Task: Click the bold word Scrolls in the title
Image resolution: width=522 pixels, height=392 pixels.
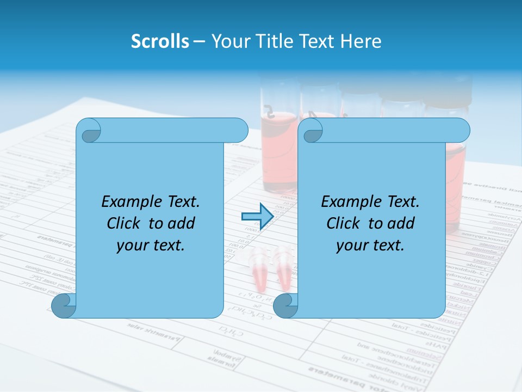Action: click(x=160, y=41)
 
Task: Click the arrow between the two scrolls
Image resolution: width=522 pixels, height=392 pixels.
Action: click(x=257, y=217)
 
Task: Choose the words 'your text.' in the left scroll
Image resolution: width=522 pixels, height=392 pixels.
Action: click(x=151, y=245)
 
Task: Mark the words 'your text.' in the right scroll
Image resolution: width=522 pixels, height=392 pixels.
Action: click(x=370, y=245)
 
